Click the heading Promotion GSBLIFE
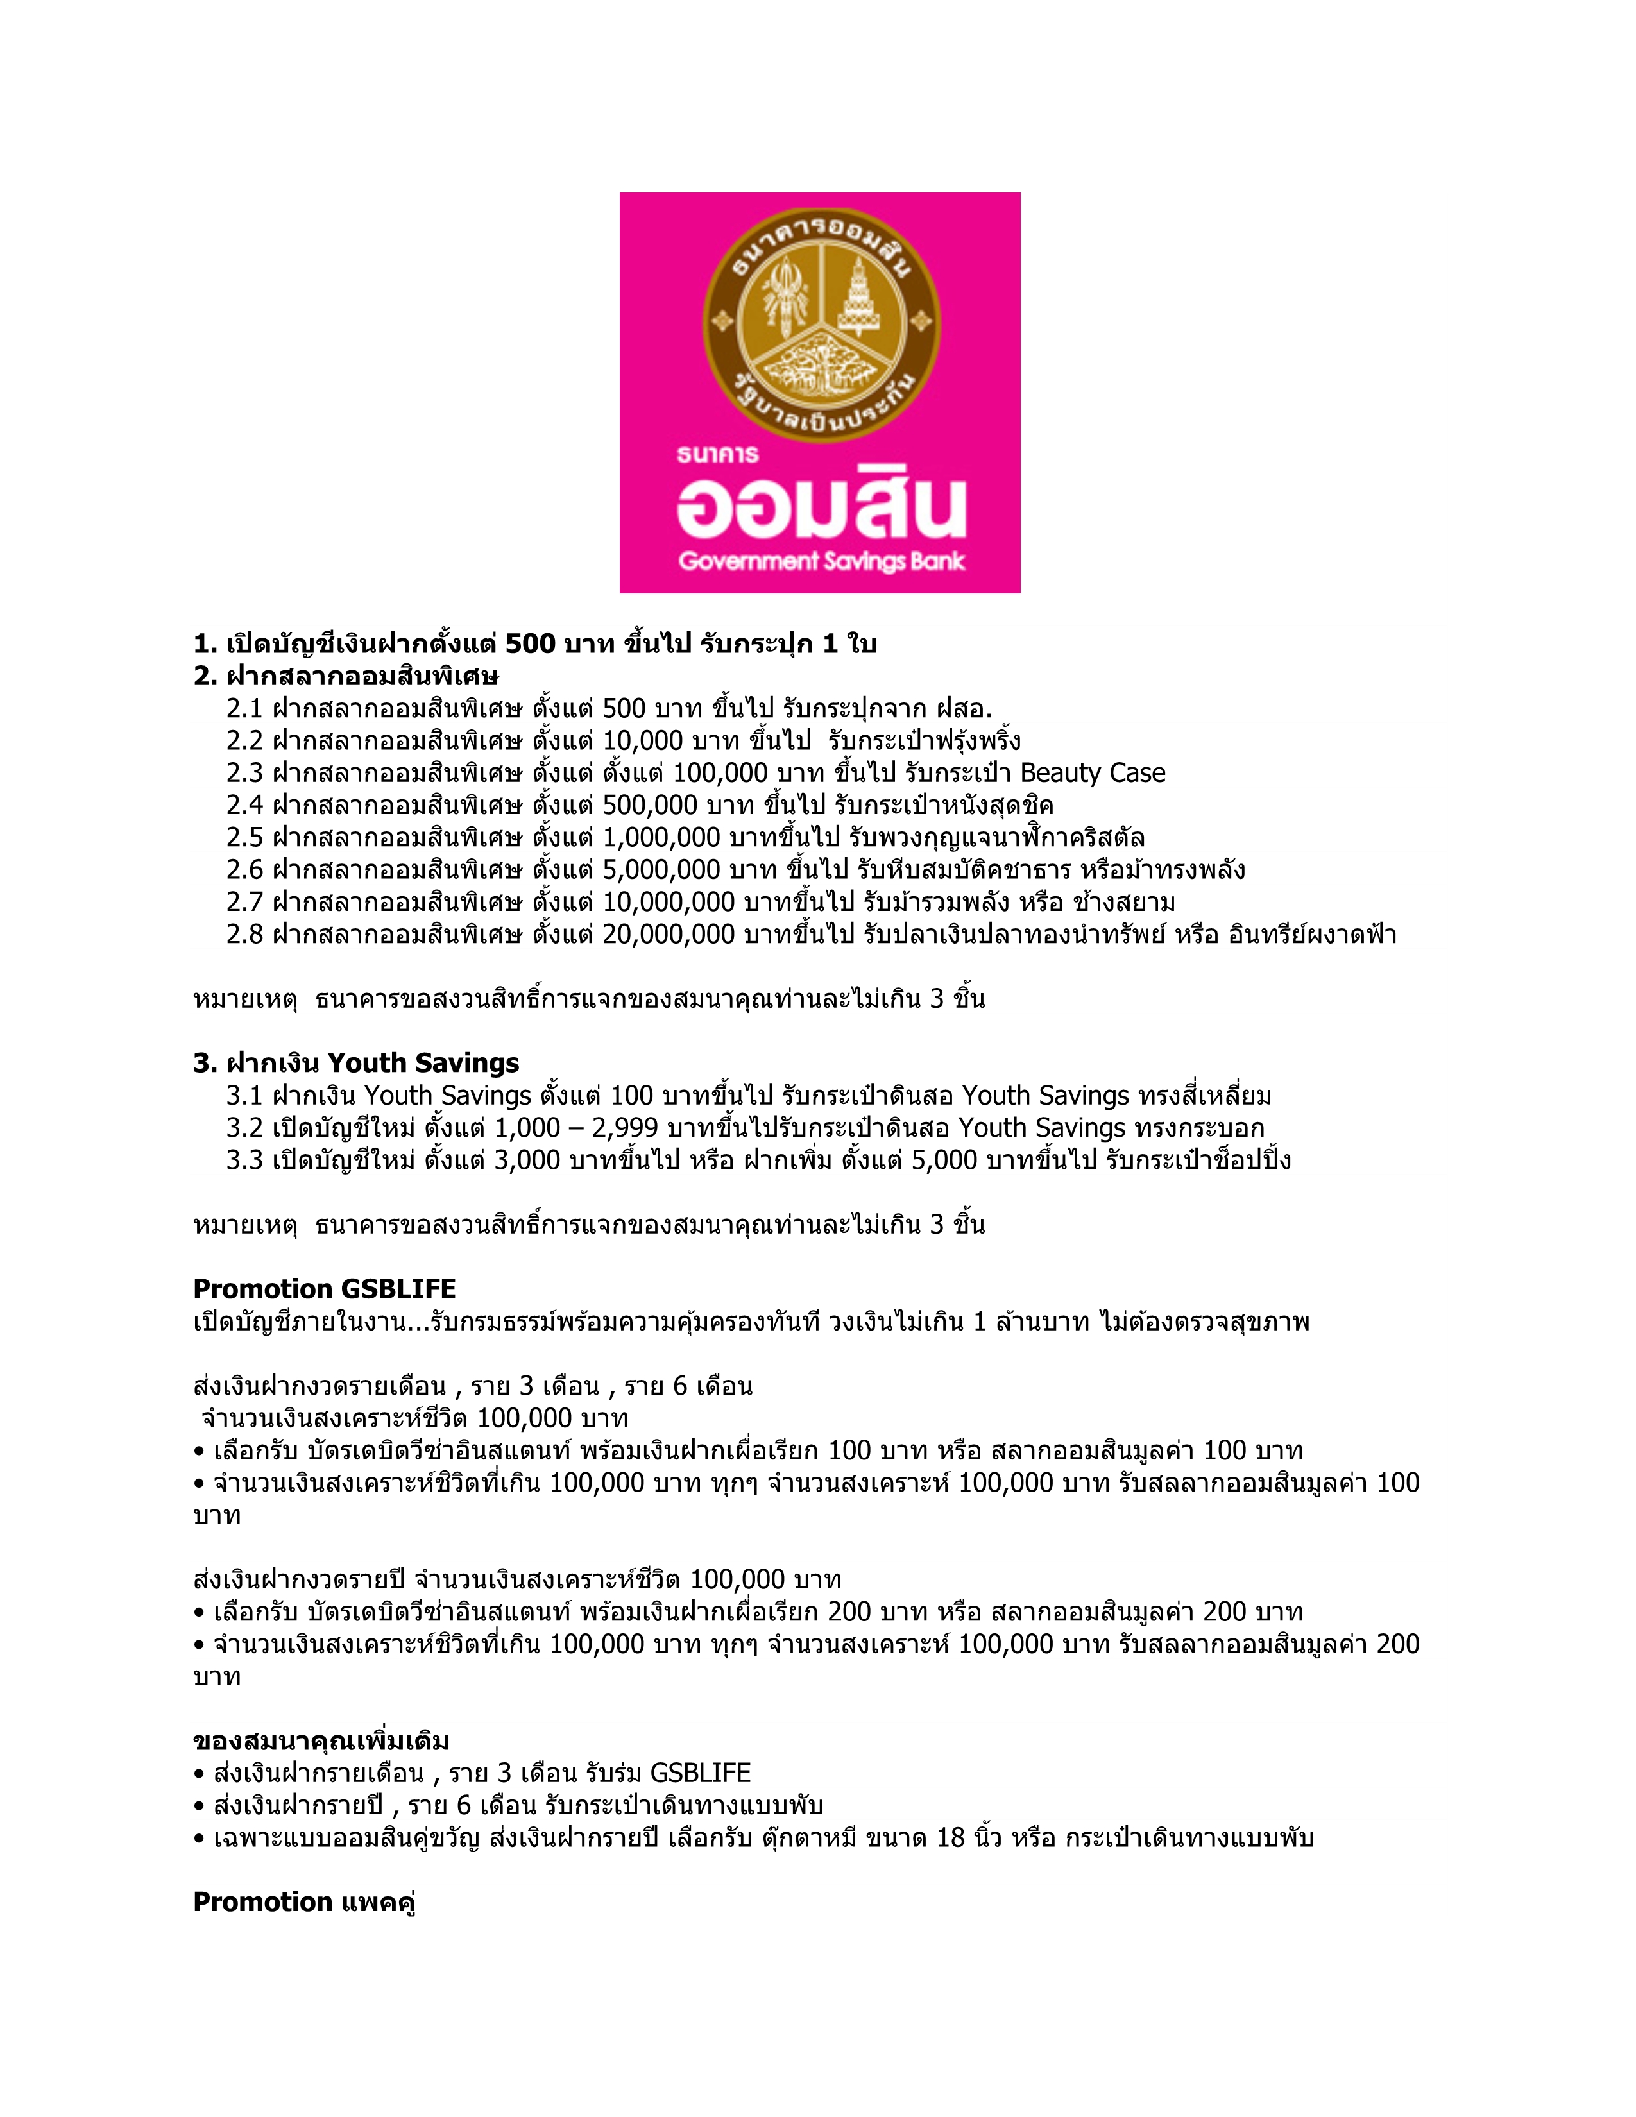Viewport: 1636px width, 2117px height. click(x=324, y=1289)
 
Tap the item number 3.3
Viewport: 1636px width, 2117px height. click(x=244, y=1161)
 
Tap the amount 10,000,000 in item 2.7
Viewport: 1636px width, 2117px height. click(x=668, y=903)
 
